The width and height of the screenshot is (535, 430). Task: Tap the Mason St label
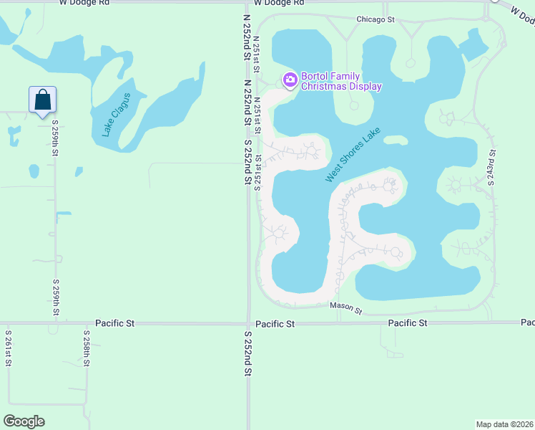[x=346, y=308]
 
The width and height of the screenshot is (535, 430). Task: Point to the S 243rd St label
[x=492, y=167]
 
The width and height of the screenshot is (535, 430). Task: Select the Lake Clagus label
[x=116, y=115]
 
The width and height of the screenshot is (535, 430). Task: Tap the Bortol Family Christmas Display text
[x=340, y=81]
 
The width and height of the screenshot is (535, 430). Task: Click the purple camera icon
[x=290, y=80]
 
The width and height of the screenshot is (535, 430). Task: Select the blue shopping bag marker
[x=42, y=100]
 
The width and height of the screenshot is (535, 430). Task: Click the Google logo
[x=24, y=421]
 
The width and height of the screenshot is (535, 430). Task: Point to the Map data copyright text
[x=504, y=424]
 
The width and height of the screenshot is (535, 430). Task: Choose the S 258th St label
[x=87, y=348]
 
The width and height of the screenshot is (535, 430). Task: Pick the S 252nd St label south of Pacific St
[x=248, y=353]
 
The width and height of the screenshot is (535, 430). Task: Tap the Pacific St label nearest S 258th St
[x=115, y=323]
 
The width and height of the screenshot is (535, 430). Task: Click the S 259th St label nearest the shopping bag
[x=55, y=138]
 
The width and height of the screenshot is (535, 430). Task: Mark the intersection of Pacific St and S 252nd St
[x=248, y=323]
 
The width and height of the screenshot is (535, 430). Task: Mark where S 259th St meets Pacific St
[x=55, y=323]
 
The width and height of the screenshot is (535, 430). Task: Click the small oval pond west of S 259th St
[x=34, y=171]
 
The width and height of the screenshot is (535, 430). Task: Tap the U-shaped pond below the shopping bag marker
[x=14, y=135]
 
